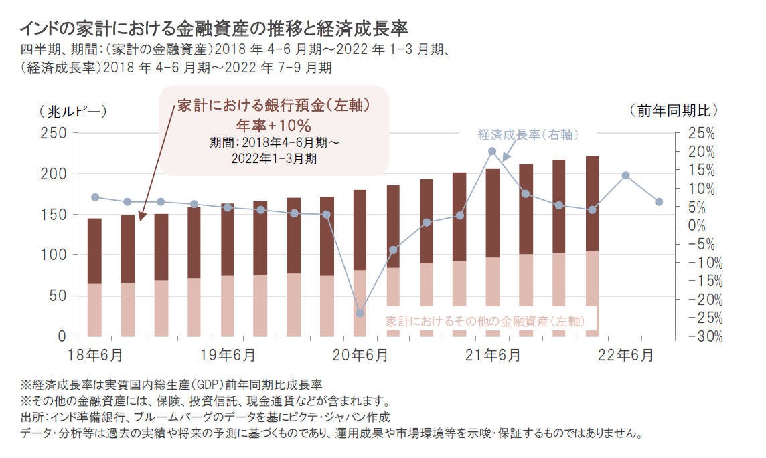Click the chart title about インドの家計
pos(214,29)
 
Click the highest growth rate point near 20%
pos(492,152)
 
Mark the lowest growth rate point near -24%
pos(360,313)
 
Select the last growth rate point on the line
pos(658,202)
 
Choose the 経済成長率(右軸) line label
pos(528,135)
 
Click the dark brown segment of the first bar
pos(95,251)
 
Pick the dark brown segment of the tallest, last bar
pos(592,203)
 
